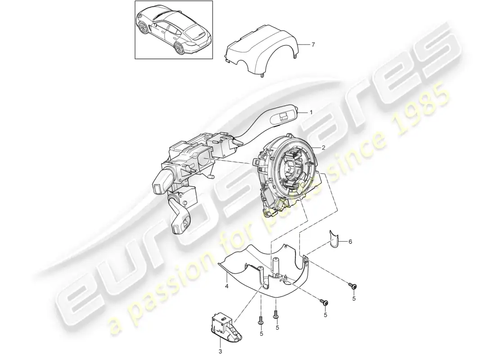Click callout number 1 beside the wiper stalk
coord(310,112)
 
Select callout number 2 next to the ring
coord(323,147)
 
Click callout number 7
coord(314,45)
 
